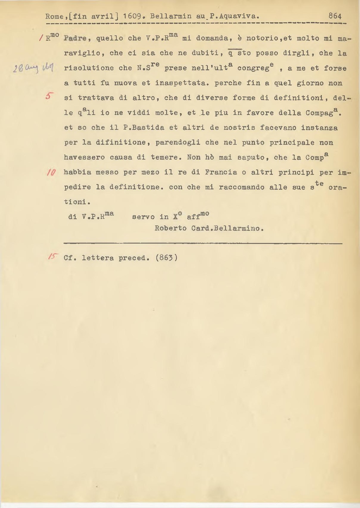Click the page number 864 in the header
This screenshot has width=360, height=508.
tap(335, 16)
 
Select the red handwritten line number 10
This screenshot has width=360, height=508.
tap(50, 172)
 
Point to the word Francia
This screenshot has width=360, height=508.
tap(221, 173)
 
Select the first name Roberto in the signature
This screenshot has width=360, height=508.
tap(171, 229)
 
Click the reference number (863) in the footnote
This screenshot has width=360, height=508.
tap(167, 258)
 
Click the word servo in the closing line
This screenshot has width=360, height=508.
tap(143, 217)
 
